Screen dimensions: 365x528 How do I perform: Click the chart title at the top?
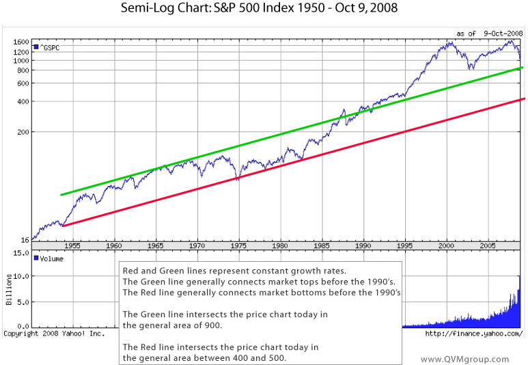(264, 10)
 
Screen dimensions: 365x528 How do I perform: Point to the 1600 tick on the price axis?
(20, 42)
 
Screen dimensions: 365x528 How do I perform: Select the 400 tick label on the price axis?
(23, 101)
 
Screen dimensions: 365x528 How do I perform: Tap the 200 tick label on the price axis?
(23, 131)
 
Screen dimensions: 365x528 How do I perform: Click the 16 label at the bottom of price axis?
(25, 240)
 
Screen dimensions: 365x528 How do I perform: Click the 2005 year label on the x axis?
(487, 244)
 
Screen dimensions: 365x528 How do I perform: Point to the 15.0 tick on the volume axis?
(18, 252)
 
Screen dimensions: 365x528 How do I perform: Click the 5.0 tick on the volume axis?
(20, 301)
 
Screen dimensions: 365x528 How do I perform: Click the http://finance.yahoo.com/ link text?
(473, 334)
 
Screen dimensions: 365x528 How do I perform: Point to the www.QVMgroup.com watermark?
(464, 360)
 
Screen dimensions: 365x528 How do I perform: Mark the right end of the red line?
(523, 99)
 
